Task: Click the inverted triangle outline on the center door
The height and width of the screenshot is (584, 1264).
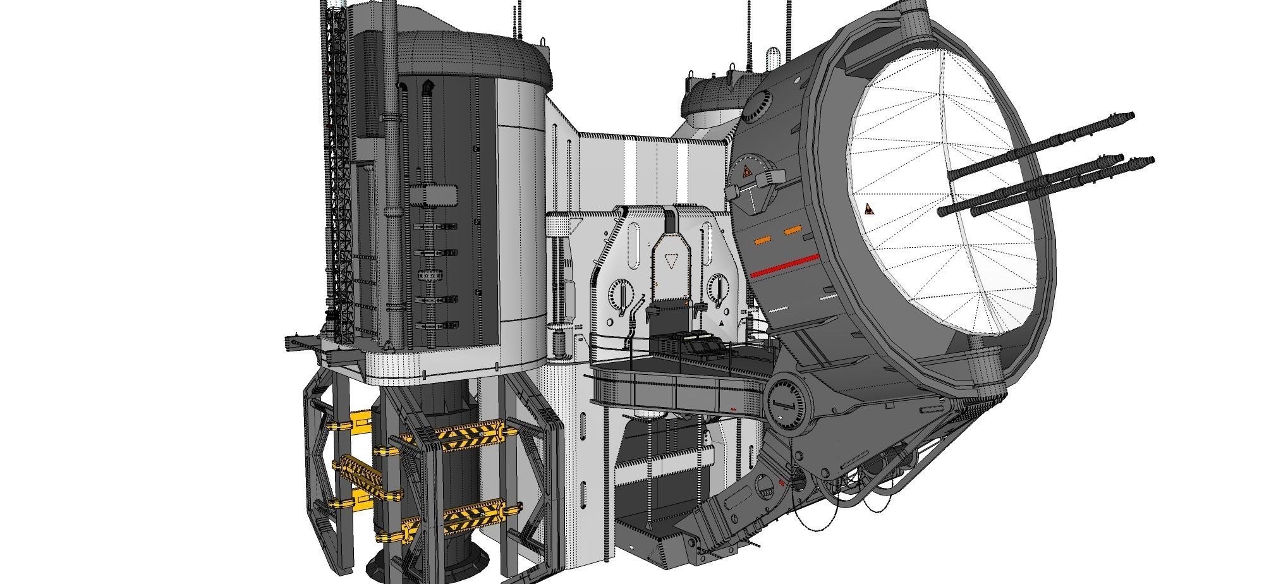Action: coord(671,260)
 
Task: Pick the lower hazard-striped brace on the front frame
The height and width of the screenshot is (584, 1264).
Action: coord(474,517)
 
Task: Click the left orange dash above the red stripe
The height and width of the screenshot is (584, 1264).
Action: coord(763,240)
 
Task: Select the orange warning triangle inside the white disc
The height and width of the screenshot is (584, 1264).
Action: coord(870,210)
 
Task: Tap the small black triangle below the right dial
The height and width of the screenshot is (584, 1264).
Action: coord(722,322)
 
